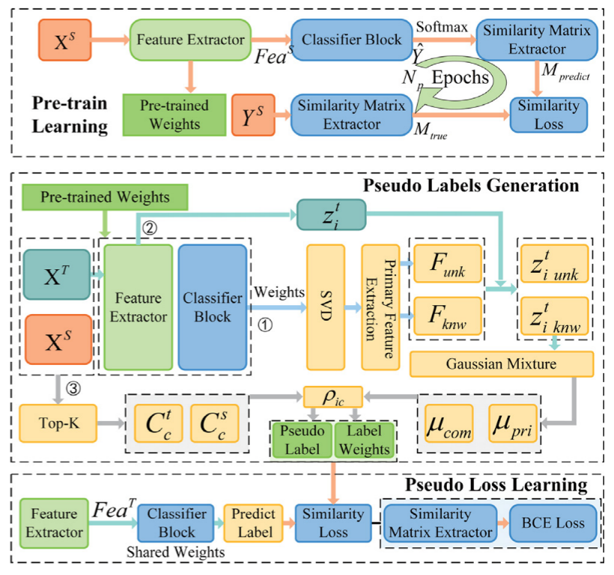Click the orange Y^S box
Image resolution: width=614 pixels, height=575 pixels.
(256, 115)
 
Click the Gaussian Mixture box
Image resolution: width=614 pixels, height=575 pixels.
(502, 364)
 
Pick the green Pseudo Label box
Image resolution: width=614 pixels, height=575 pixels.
(300, 440)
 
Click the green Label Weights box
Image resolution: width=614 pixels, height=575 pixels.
(362, 440)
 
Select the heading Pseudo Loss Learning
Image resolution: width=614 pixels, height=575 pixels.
(496, 485)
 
